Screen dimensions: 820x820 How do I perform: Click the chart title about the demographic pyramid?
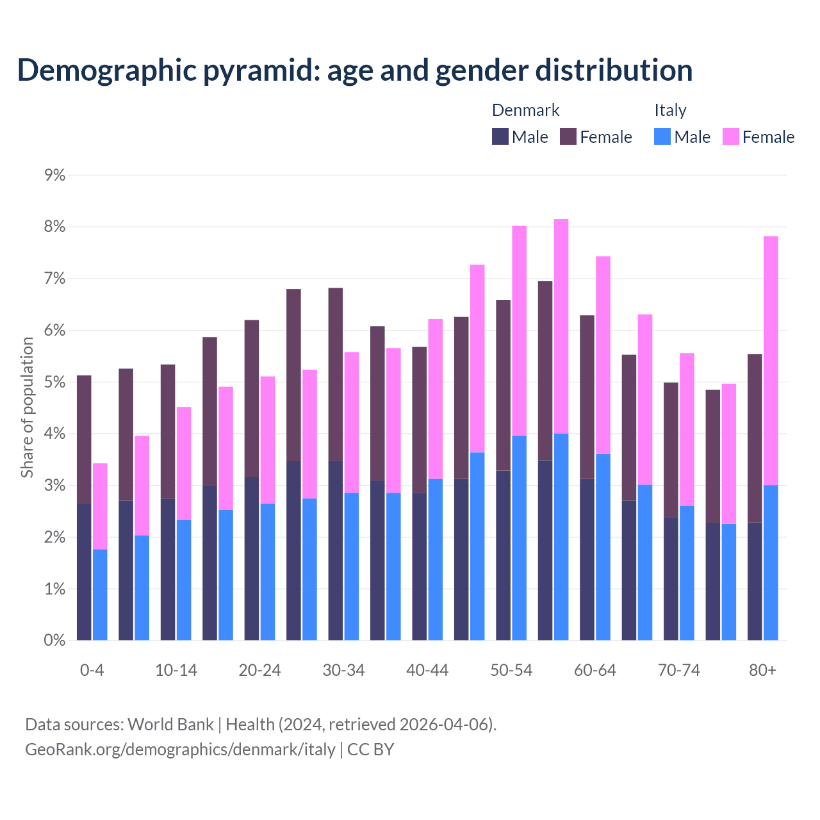tap(354, 70)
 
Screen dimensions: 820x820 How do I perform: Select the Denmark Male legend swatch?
tap(500, 136)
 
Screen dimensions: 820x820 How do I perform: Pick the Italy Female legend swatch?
tap(730, 136)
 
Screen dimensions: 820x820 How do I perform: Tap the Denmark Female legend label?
tap(605, 137)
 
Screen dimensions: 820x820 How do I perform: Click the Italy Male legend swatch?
tap(662, 136)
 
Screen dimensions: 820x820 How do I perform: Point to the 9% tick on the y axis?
tap(55, 175)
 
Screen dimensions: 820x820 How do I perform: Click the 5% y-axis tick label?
tap(55, 382)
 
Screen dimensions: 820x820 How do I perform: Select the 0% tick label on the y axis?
tap(55, 640)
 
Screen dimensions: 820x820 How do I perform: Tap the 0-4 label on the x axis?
tap(92, 671)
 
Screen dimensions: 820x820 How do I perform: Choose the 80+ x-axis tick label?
tap(762, 671)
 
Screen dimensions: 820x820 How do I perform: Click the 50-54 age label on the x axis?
tap(511, 671)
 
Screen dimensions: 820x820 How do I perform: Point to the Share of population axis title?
tap(27, 407)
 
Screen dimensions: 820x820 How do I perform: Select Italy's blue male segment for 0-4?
tap(100, 594)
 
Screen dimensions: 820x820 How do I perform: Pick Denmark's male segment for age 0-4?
tap(84, 572)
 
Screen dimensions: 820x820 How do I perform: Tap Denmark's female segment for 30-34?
tap(336, 375)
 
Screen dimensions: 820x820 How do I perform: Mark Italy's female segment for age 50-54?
tap(519, 331)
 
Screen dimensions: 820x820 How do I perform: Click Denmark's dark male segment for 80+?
tap(755, 581)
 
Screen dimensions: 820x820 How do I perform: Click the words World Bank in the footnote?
tap(170, 725)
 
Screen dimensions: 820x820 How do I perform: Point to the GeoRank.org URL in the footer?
tap(180, 750)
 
